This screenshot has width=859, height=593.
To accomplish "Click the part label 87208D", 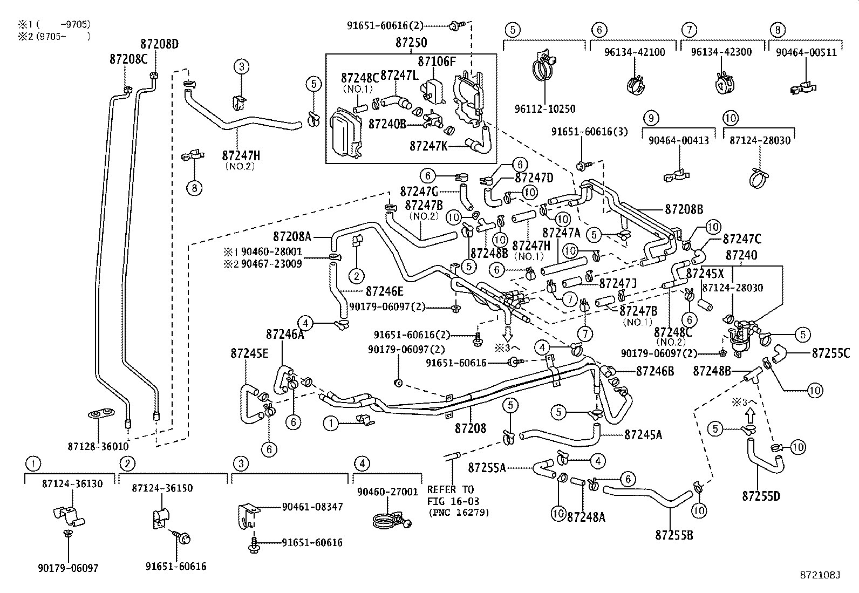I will point(159,45).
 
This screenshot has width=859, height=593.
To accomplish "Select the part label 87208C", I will point(128,59).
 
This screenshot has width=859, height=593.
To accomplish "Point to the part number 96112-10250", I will point(544,109).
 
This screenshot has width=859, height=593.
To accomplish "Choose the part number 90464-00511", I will point(806,52).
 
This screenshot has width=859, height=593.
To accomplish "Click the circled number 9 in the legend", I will point(651,118).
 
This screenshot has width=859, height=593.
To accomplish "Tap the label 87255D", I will point(761,496).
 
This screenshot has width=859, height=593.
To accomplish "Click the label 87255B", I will point(674,535).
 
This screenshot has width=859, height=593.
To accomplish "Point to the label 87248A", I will point(586,517).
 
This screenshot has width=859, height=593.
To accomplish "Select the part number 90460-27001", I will point(386,492).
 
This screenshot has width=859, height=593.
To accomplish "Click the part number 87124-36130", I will point(72,484).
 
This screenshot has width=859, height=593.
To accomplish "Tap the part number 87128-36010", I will point(99,447).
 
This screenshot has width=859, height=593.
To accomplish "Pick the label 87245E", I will point(249,353).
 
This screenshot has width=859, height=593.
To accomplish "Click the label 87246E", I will point(384,291).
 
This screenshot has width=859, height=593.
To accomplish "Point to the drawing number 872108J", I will point(821,576).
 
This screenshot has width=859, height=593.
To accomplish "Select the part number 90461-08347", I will point(312,507).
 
